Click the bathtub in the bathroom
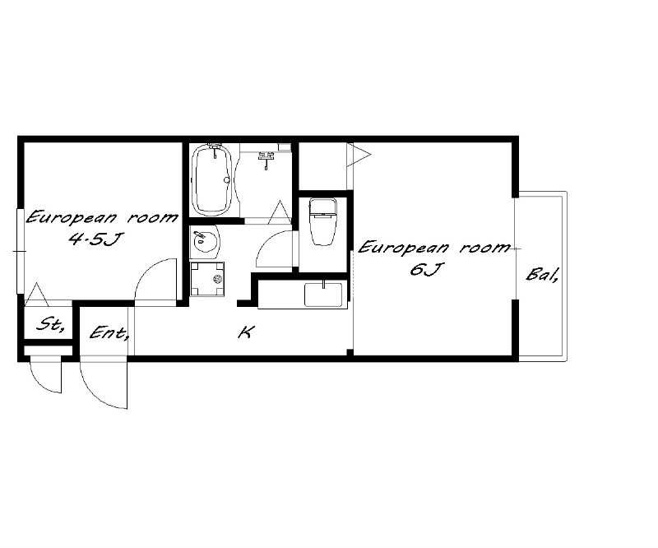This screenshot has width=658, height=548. (211, 179)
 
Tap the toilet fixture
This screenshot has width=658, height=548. (322, 221)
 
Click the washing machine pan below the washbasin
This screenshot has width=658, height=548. (207, 279)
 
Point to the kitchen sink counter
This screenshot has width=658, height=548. (303, 295)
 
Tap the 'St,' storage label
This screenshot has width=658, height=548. (49, 324)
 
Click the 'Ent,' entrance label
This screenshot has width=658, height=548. (109, 333)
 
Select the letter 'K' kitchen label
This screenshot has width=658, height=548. (245, 333)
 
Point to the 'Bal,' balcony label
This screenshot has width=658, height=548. (542, 275)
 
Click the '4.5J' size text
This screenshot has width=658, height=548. (95, 239)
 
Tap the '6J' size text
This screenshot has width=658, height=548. (424, 269)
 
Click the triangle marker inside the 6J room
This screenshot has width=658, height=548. (359, 155)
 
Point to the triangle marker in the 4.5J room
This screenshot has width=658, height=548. (36, 295)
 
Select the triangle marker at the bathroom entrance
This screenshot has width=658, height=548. (279, 212)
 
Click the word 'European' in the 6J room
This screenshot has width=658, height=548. (403, 248)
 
